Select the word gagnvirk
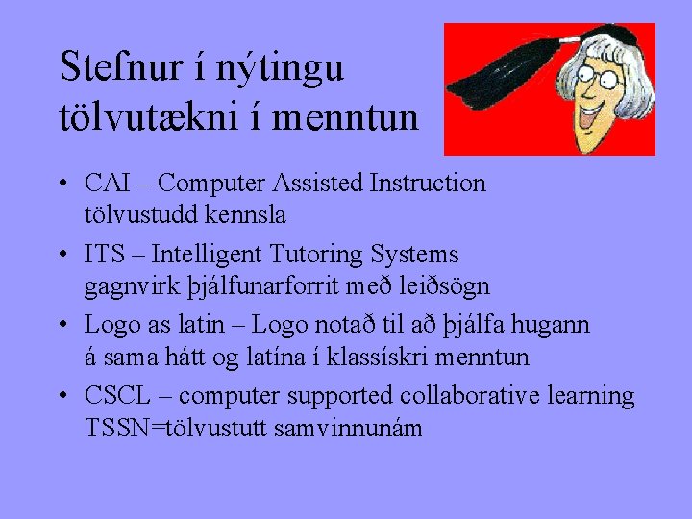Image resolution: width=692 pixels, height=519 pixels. pos(126,287)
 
